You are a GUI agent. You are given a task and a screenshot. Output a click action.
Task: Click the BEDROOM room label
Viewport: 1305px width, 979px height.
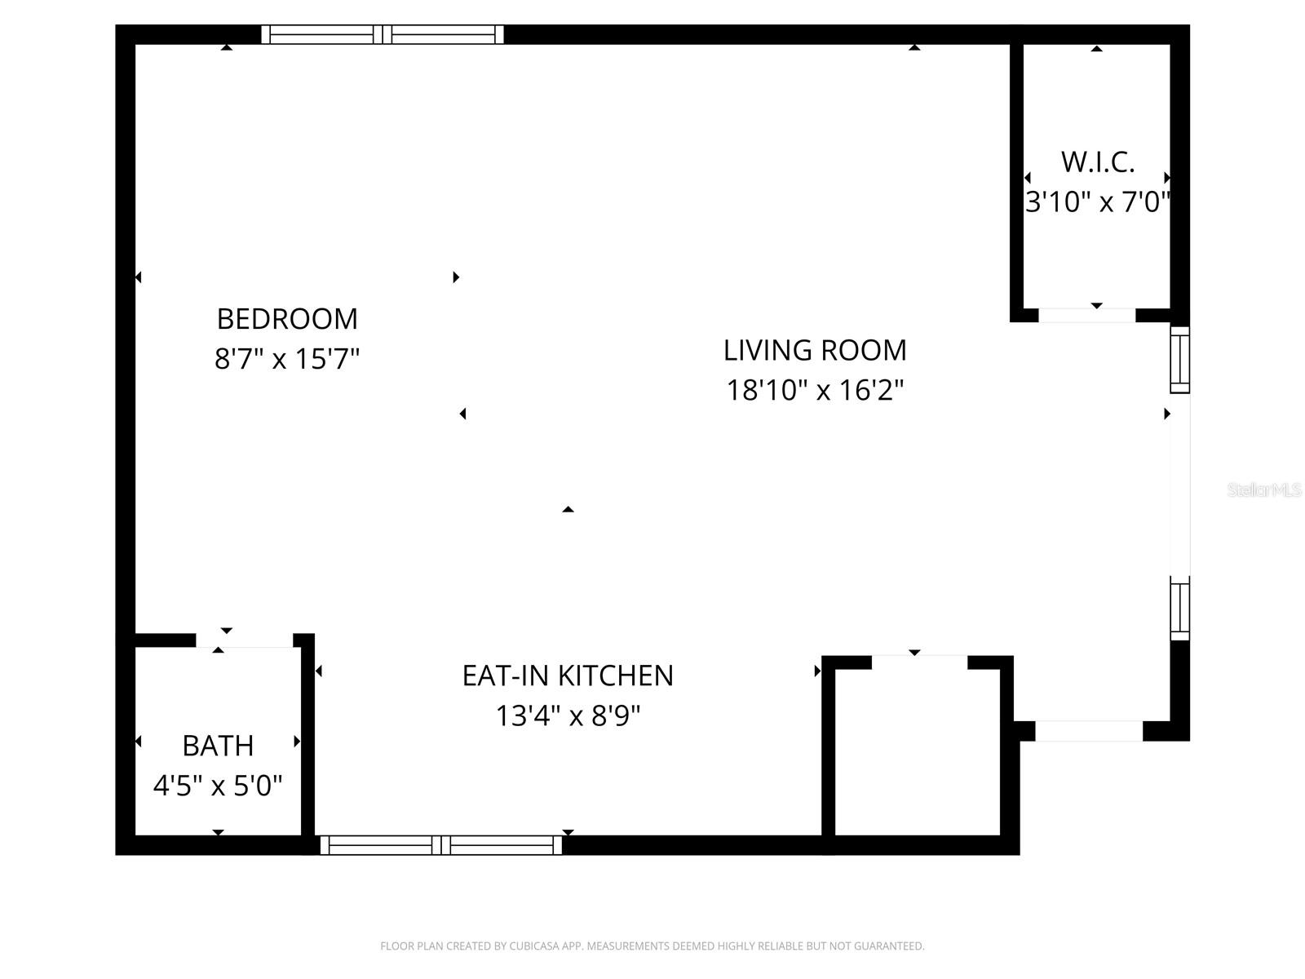[287, 318]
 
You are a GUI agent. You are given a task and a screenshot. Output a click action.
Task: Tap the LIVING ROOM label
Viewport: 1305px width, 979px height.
[815, 350]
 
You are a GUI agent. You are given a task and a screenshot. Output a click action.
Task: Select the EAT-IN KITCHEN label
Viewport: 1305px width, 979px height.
[568, 676]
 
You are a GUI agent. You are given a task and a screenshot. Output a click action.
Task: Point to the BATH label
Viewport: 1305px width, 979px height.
[218, 746]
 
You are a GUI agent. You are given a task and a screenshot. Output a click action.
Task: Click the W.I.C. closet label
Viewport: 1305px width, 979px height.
[1098, 162]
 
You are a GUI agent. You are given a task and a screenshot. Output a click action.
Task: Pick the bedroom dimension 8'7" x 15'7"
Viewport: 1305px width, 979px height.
[287, 358]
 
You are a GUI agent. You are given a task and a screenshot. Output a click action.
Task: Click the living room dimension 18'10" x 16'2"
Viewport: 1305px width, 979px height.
[815, 390]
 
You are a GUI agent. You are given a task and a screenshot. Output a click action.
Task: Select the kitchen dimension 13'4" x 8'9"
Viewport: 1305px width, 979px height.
[568, 715]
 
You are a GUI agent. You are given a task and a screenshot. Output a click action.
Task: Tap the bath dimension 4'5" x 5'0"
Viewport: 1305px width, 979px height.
[218, 786]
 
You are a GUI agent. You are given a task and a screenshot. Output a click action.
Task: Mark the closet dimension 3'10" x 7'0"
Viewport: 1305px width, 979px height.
[1098, 202]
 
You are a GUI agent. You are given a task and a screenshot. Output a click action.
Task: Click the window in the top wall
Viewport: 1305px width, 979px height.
[383, 34]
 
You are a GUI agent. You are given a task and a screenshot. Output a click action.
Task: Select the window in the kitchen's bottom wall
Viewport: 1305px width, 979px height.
[440, 845]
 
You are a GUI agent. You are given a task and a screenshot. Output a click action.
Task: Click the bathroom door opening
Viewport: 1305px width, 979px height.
[245, 641]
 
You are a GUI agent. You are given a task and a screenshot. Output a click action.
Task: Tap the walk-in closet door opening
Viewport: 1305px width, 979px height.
[1086, 316]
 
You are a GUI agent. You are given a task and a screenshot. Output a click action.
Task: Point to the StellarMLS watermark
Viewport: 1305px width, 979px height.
[1264, 489]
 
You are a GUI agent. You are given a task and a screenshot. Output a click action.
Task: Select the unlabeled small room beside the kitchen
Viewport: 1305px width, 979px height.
[918, 751]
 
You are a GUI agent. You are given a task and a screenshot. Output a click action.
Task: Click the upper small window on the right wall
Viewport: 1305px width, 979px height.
[1180, 360]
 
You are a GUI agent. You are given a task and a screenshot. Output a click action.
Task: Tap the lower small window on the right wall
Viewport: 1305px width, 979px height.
[1180, 609]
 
